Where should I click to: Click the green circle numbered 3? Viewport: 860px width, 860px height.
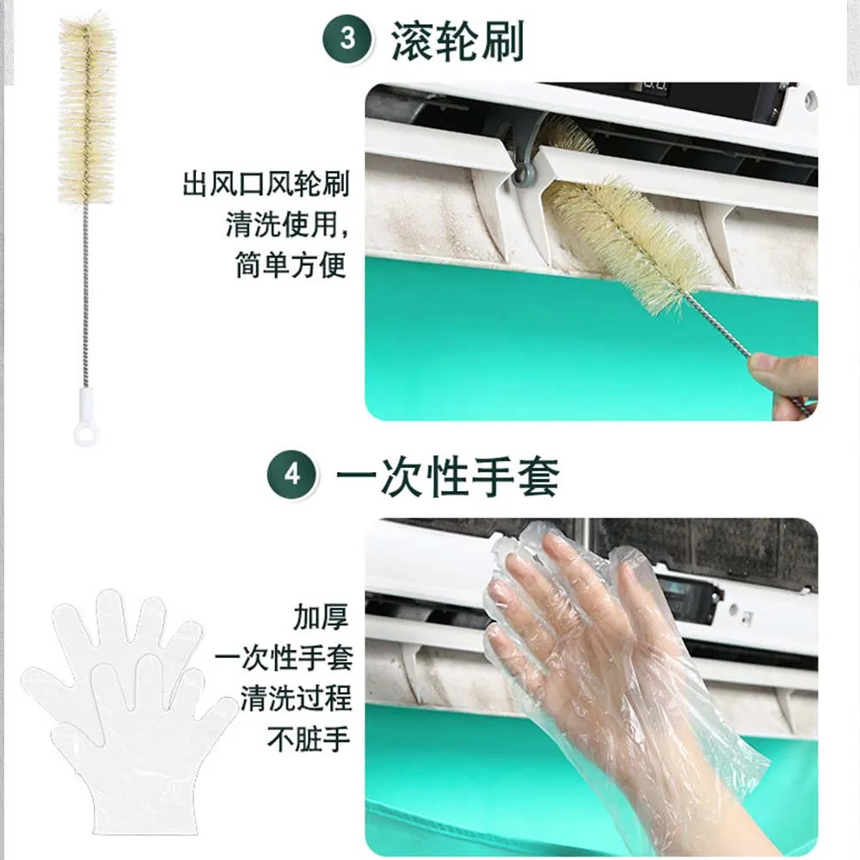click(x=347, y=39)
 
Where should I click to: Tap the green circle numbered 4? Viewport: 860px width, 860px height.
click(x=292, y=474)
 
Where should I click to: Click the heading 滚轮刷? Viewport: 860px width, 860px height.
click(x=458, y=40)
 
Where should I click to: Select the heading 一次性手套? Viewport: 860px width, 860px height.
click(x=447, y=476)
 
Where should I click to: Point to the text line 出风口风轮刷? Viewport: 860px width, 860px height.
click(x=266, y=184)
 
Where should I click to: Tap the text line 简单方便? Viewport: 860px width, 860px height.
click(x=292, y=265)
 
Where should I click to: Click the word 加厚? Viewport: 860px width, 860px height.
click(x=321, y=617)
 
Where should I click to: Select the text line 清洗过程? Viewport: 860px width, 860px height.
click(x=296, y=698)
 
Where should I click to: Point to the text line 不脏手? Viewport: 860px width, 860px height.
click(x=309, y=739)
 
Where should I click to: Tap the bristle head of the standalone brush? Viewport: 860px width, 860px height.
click(x=87, y=109)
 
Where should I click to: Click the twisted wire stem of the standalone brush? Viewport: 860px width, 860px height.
click(x=85, y=296)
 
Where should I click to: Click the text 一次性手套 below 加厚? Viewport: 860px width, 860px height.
click(x=284, y=658)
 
